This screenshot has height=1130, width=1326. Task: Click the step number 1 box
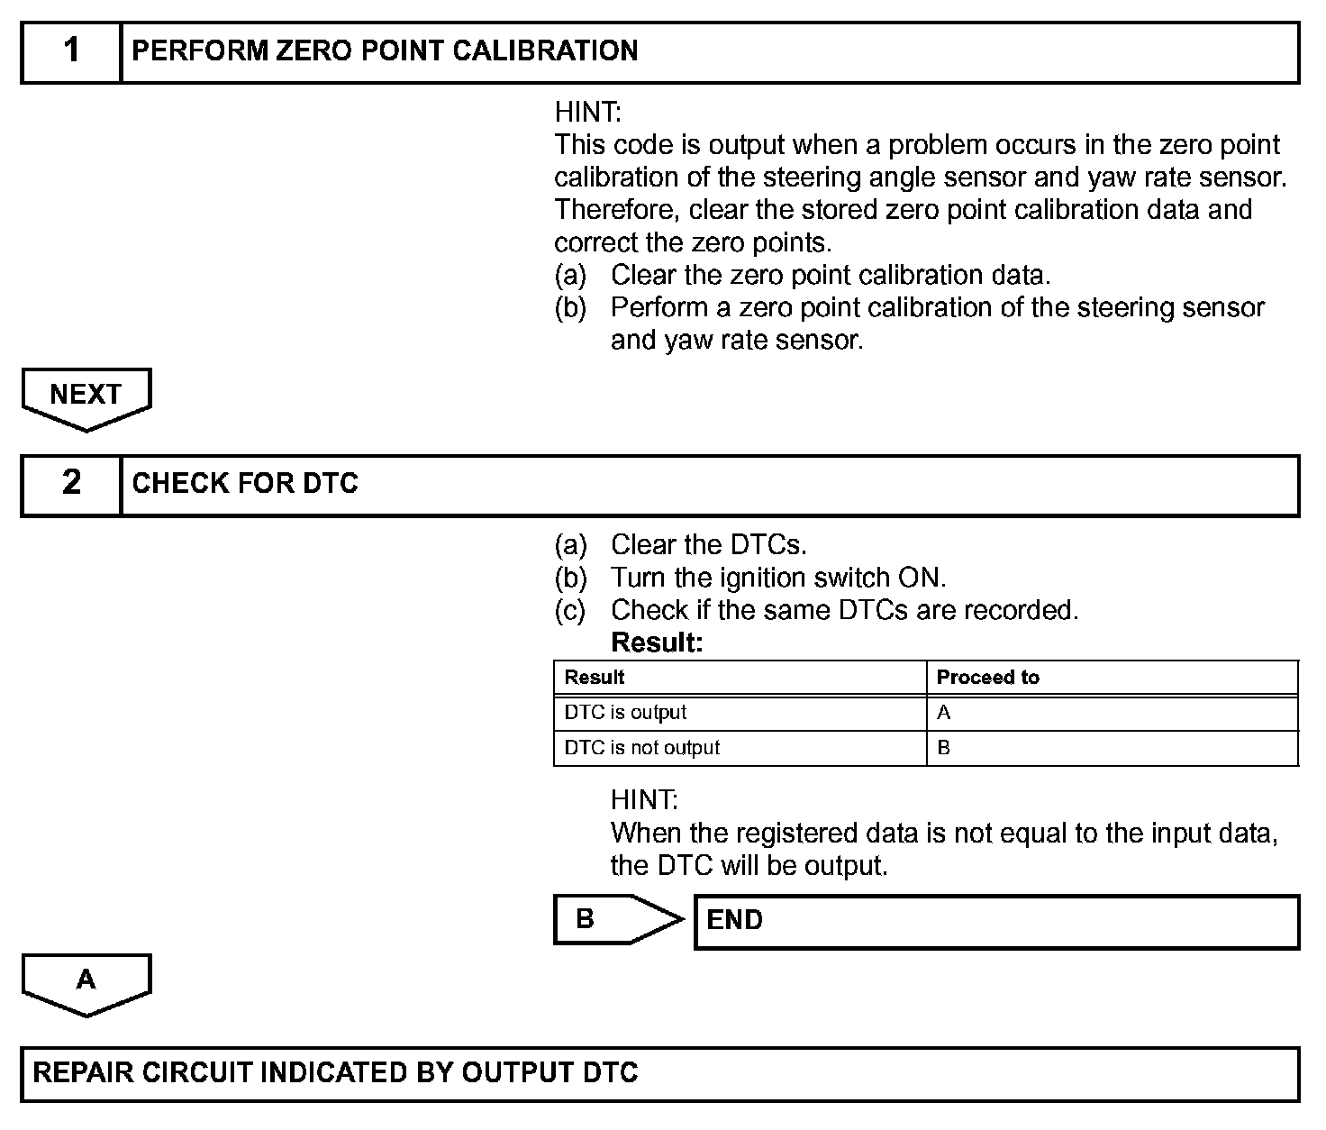point(71,51)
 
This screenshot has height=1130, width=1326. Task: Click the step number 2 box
point(71,484)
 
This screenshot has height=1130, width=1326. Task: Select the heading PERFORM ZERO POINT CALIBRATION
point(385,51)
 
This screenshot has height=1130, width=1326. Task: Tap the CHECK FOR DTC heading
point(245,484)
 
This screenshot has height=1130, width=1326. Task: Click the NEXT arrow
point(86,396)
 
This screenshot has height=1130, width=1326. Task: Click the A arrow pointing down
point(86,981)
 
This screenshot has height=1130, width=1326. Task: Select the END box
point(995,921)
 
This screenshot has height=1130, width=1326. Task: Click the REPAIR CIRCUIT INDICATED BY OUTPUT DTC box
point(659,1073)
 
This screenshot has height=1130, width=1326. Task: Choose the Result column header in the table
point(595,678)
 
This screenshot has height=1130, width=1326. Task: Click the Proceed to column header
point(987,678)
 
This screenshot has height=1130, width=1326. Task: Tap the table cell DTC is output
point(625,713)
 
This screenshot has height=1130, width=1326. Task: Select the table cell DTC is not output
point(642,748)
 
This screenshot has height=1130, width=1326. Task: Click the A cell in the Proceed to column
point(944,713)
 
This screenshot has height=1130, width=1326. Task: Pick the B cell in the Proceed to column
point(944,748)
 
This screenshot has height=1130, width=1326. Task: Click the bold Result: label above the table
point(657,643)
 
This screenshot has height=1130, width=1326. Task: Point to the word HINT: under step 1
point(587,113)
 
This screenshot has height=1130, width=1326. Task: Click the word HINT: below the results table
point(644,800)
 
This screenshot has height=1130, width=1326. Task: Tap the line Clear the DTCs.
point(708,545)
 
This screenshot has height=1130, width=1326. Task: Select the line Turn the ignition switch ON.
point(778,578)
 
